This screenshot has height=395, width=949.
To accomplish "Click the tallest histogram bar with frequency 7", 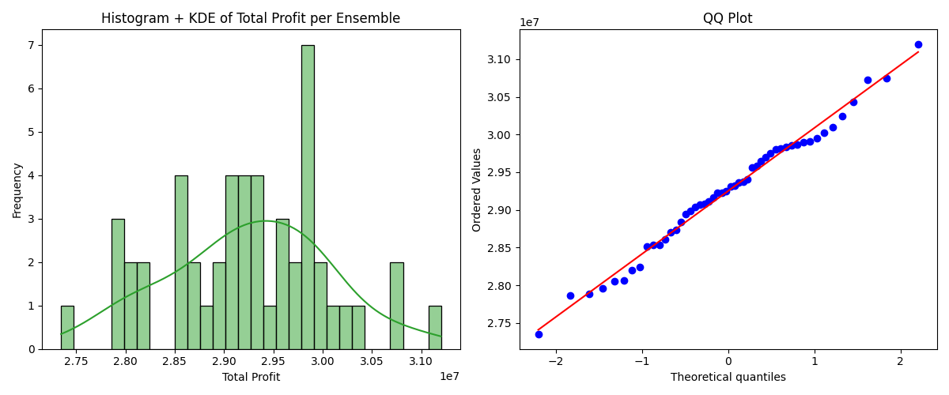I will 308,197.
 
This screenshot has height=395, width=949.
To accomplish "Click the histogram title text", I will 251,18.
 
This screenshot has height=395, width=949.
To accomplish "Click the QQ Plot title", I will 728,18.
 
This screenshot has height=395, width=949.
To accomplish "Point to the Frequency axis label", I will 17,190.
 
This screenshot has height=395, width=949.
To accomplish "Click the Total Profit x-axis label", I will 251,377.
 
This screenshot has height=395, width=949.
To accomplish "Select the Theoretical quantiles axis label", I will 728,377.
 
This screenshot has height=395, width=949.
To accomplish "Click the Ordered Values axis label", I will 477,190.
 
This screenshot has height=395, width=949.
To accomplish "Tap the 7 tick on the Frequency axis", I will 32,45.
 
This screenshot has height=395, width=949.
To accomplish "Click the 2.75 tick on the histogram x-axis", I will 76,361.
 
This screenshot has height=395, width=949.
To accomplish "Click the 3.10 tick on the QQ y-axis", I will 498,60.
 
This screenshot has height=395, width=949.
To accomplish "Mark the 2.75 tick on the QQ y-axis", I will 498,323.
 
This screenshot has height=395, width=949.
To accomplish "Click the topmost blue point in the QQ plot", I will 918,44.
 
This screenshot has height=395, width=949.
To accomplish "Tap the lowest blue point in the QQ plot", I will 539,334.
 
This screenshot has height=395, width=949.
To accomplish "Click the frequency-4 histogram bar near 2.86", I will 181,262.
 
